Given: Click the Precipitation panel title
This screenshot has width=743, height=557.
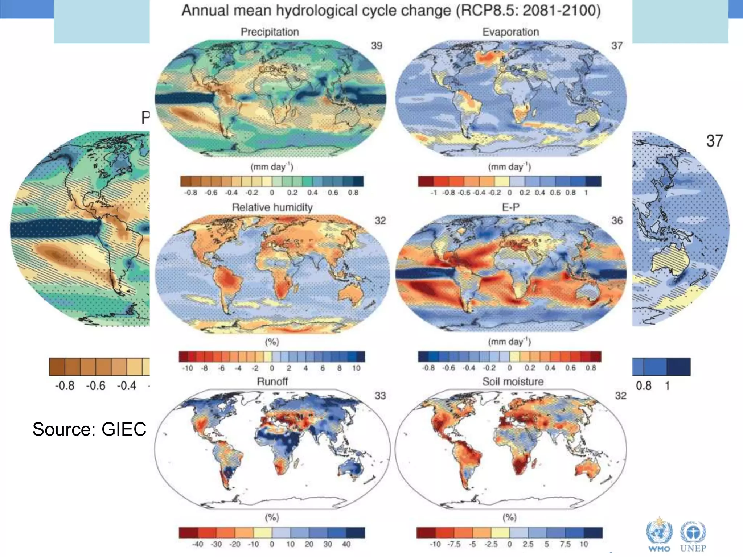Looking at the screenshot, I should (x=270, y=32).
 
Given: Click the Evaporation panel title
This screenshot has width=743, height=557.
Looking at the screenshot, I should (x=510, y=32).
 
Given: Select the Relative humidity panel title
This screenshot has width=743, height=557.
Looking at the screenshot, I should (x=272, y=207).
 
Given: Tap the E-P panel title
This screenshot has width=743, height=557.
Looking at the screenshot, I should (x=510, y=207).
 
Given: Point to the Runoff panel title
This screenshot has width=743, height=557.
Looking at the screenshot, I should (x=272, y=381).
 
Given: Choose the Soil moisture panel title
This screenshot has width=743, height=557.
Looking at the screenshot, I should (x=513, y=381).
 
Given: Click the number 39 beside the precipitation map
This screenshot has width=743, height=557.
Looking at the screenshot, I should (x=377, y=46).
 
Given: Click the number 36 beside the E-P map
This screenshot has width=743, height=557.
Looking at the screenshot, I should (x=617, y=220).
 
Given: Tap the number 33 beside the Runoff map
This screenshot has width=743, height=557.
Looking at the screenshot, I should (x=380, y=395).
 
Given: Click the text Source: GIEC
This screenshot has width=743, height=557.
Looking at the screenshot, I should (x=89, y=429).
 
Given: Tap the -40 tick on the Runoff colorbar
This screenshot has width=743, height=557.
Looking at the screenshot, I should (x=197, y=544).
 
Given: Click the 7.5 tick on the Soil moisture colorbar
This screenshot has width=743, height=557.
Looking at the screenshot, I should (x=565, y=544).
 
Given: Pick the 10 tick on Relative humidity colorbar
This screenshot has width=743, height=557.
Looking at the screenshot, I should (x=356, y=368).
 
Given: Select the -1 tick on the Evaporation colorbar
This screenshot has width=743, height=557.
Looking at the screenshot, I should (x=434, y=193).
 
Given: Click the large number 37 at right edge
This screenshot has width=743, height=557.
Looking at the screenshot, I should (x=714, y=141).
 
